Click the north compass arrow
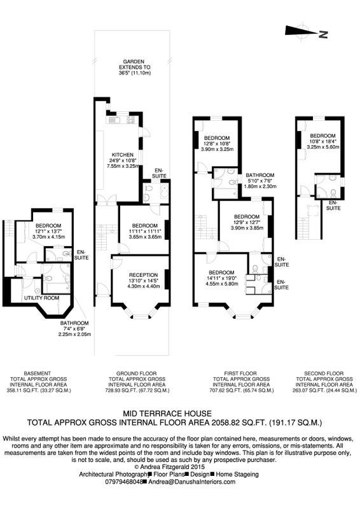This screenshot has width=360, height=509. [301, 31]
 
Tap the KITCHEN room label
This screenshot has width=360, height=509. [122, 155]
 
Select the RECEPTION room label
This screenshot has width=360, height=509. [143, 275]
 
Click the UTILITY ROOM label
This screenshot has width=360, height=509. [41, 298]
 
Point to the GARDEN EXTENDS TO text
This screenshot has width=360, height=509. [134, 64]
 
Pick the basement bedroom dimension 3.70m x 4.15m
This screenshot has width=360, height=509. [49, 237]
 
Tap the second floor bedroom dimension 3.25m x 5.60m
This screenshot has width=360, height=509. [322, 147]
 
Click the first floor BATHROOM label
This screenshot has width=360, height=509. [260, 175]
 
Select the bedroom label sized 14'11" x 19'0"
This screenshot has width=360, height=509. [221, 272]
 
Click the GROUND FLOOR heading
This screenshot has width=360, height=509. [136, 373]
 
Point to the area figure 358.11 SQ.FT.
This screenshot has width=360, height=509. [22, 390]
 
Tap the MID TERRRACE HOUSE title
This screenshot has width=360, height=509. [167, 414]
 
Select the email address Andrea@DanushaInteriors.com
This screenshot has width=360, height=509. [192, 482]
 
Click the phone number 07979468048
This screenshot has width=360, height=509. [124, 482]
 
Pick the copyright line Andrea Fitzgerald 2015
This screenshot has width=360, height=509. [169, 467]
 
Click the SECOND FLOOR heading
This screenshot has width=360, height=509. [324, 373]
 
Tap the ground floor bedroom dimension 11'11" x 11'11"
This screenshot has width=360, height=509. [145, 232]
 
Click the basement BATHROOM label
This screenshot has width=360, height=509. [74, 323]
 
